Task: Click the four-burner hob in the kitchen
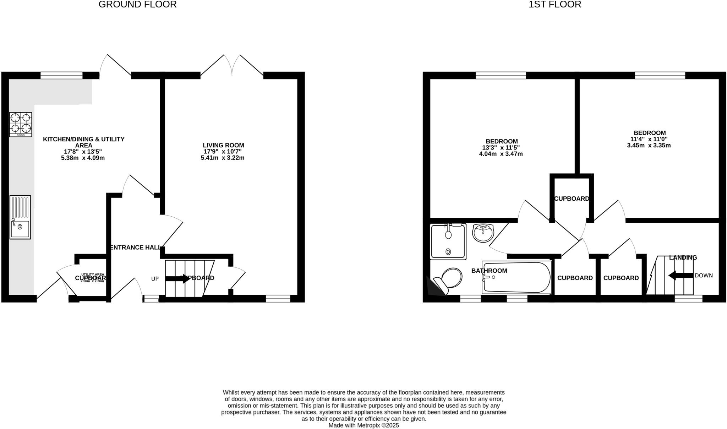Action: (21, 124)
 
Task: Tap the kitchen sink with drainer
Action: (20, 217)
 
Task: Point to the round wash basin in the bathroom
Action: (483, 233)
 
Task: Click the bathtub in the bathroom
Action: (516, 278)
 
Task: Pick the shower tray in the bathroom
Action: (448, 241)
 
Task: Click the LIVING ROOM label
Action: (223, 145)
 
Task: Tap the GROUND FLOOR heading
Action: (137, 5)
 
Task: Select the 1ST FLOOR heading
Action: (555, 5)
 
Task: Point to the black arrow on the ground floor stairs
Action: (178, 278)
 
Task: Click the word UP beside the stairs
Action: (155, 279)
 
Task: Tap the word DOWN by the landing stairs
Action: (704, 276)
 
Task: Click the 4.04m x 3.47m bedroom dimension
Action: (501, 154)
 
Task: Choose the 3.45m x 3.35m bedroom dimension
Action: (649, 145)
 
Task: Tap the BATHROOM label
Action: (489, 271)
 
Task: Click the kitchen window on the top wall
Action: (61, 75)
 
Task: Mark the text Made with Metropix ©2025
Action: (363, 425)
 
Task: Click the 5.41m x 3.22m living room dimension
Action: (223, 158)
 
